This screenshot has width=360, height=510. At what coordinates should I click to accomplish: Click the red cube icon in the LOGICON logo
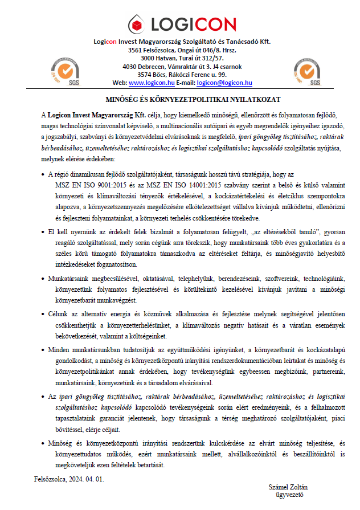(137, 23)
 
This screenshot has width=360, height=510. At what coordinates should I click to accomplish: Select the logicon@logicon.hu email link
(224, 83)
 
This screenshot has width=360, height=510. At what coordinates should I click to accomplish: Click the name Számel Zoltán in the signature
(288, 487)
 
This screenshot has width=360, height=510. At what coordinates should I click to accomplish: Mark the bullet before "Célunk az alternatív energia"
(43, 314)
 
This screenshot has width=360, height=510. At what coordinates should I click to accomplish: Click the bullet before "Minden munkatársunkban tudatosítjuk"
(43, 350)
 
